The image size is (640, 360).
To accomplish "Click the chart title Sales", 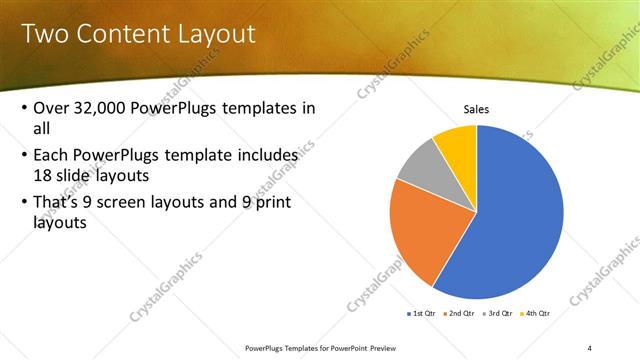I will (x=476, y=109).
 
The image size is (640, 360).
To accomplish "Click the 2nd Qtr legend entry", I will (x=459, y=314).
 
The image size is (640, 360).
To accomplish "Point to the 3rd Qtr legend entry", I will (x=500, y=314).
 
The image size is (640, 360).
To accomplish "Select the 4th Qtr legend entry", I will (x=538, y=314).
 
